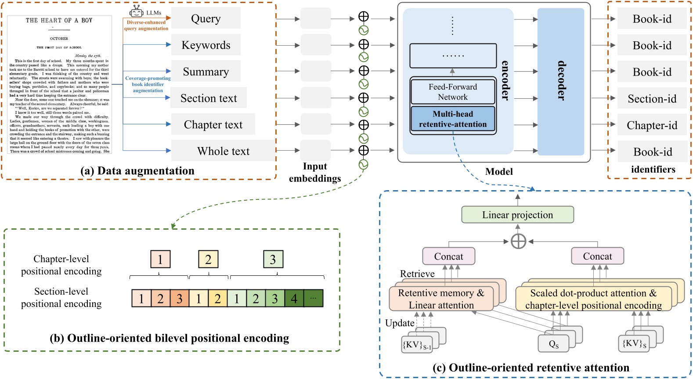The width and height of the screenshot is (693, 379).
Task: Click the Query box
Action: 206,18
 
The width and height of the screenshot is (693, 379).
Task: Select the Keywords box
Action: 206,45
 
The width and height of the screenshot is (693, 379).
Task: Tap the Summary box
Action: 206,72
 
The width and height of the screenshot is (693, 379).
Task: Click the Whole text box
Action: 223,151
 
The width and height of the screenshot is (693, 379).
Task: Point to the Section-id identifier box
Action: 652,99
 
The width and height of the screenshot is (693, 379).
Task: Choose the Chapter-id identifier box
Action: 652,125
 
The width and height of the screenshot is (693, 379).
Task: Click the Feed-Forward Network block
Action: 453,92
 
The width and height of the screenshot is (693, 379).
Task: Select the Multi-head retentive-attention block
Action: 453,119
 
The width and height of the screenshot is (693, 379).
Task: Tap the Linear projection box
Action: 517,215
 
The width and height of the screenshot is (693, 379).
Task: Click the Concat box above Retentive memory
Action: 448,256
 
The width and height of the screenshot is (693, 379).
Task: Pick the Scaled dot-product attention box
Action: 593,299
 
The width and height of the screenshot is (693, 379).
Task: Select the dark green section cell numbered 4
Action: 294,299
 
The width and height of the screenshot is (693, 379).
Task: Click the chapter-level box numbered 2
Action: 208,260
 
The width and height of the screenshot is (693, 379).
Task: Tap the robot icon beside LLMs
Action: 137,12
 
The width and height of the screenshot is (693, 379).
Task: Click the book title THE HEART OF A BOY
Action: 59,20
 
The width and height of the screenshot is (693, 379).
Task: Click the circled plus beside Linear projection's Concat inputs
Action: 518,241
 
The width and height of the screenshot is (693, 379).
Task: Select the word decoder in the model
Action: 561,81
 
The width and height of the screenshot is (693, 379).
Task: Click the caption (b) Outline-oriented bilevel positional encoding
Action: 170,338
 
